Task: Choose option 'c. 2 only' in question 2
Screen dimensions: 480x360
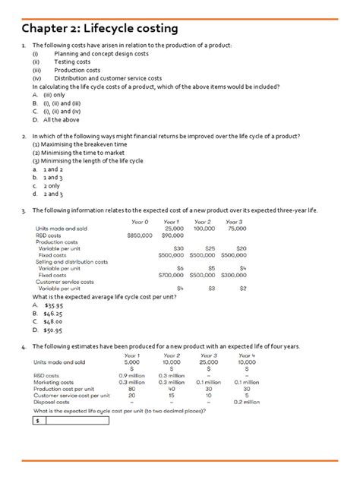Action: point(46,185)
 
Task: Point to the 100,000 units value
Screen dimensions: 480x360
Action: point(204,228)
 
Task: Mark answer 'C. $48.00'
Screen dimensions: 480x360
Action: point(48,321)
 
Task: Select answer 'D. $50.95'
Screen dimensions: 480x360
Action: point(48,330)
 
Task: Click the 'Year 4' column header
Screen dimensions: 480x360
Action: point(247,355)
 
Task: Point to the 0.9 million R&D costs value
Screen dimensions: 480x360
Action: point(132,375)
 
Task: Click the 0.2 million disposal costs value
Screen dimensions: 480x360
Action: point(247,402)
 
